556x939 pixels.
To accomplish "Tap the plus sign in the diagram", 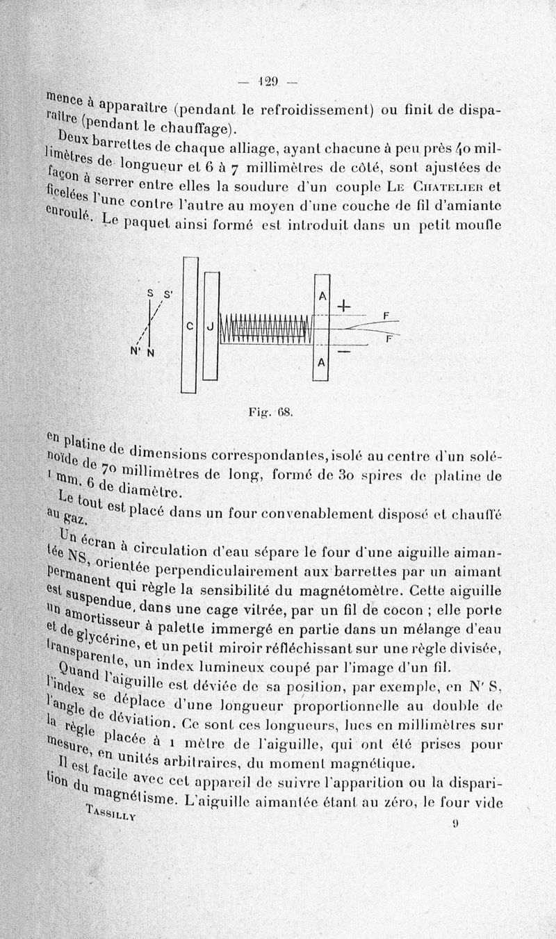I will (x=344, y=307).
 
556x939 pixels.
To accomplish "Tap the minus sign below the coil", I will (x=343, y=353).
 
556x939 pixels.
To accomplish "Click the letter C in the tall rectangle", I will (x=189, y=325).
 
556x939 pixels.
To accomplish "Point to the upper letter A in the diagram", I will (x=322, y=295).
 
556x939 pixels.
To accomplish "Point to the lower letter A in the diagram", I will (x=322, y=364).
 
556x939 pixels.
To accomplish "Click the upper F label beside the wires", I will (x=386, y=316).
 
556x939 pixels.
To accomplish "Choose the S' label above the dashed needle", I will (x=167, y=293).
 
